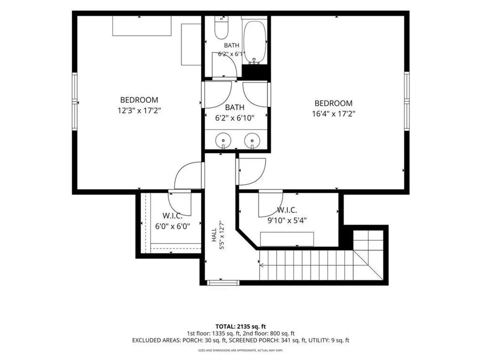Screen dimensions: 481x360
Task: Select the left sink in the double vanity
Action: [223, 141]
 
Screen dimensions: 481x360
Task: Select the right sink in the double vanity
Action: [252, 141]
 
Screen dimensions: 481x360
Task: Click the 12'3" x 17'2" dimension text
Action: [139, 111]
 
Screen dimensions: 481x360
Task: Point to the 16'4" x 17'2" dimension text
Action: [334, 114]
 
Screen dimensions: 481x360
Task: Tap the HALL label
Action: [214, 235]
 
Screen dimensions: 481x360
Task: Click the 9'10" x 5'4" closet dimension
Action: [287, 221]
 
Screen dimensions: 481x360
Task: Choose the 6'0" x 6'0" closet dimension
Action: [172, 226]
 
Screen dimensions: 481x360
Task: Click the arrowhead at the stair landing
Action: [262, 265]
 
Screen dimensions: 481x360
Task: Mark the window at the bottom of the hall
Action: [223, 283]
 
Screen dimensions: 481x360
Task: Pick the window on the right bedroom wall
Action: [407, 101]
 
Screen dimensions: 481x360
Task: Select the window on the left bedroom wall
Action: [75, 102]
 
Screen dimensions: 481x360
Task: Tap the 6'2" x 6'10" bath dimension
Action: [235, 118]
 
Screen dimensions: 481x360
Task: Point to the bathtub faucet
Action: [254, 61]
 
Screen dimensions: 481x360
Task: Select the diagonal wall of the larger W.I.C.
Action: [247, 239]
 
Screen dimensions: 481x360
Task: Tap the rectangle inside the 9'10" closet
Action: [287, 239]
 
